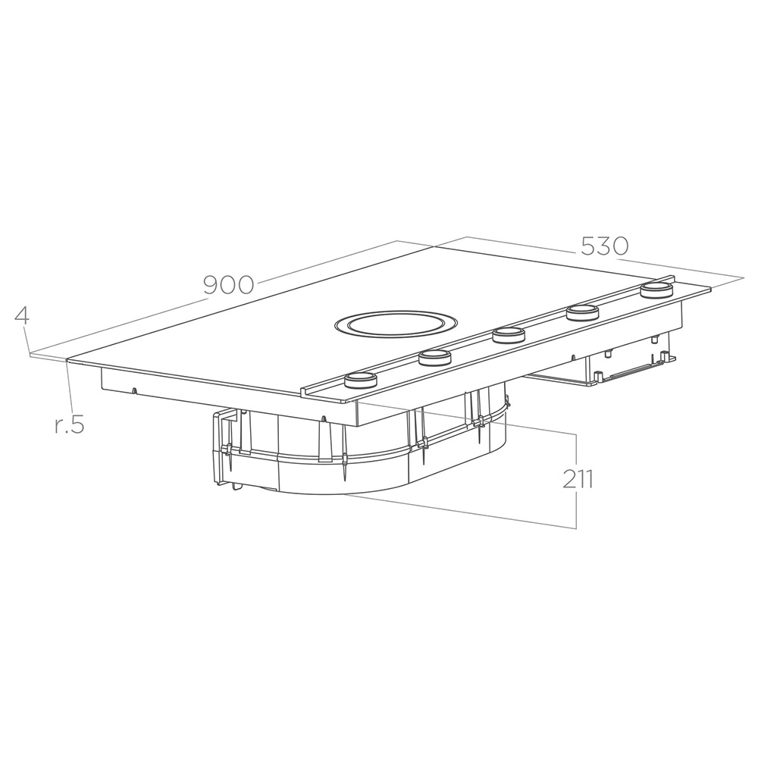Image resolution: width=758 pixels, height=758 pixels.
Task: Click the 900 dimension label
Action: coord(229,285)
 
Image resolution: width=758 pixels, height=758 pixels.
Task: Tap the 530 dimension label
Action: coord(604,246)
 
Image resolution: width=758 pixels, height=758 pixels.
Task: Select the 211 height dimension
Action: coord(578,479)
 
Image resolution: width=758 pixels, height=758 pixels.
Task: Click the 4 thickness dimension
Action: coord(22,315)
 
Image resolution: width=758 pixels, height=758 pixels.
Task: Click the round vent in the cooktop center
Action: coord(394,326)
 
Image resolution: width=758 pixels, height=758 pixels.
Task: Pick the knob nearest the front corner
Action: coord(360,380)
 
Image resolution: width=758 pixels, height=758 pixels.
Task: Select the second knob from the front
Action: coord(435,357)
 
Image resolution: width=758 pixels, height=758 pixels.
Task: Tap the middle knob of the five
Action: coord(509,334)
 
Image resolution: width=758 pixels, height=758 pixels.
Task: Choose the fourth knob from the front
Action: coord(583,312)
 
